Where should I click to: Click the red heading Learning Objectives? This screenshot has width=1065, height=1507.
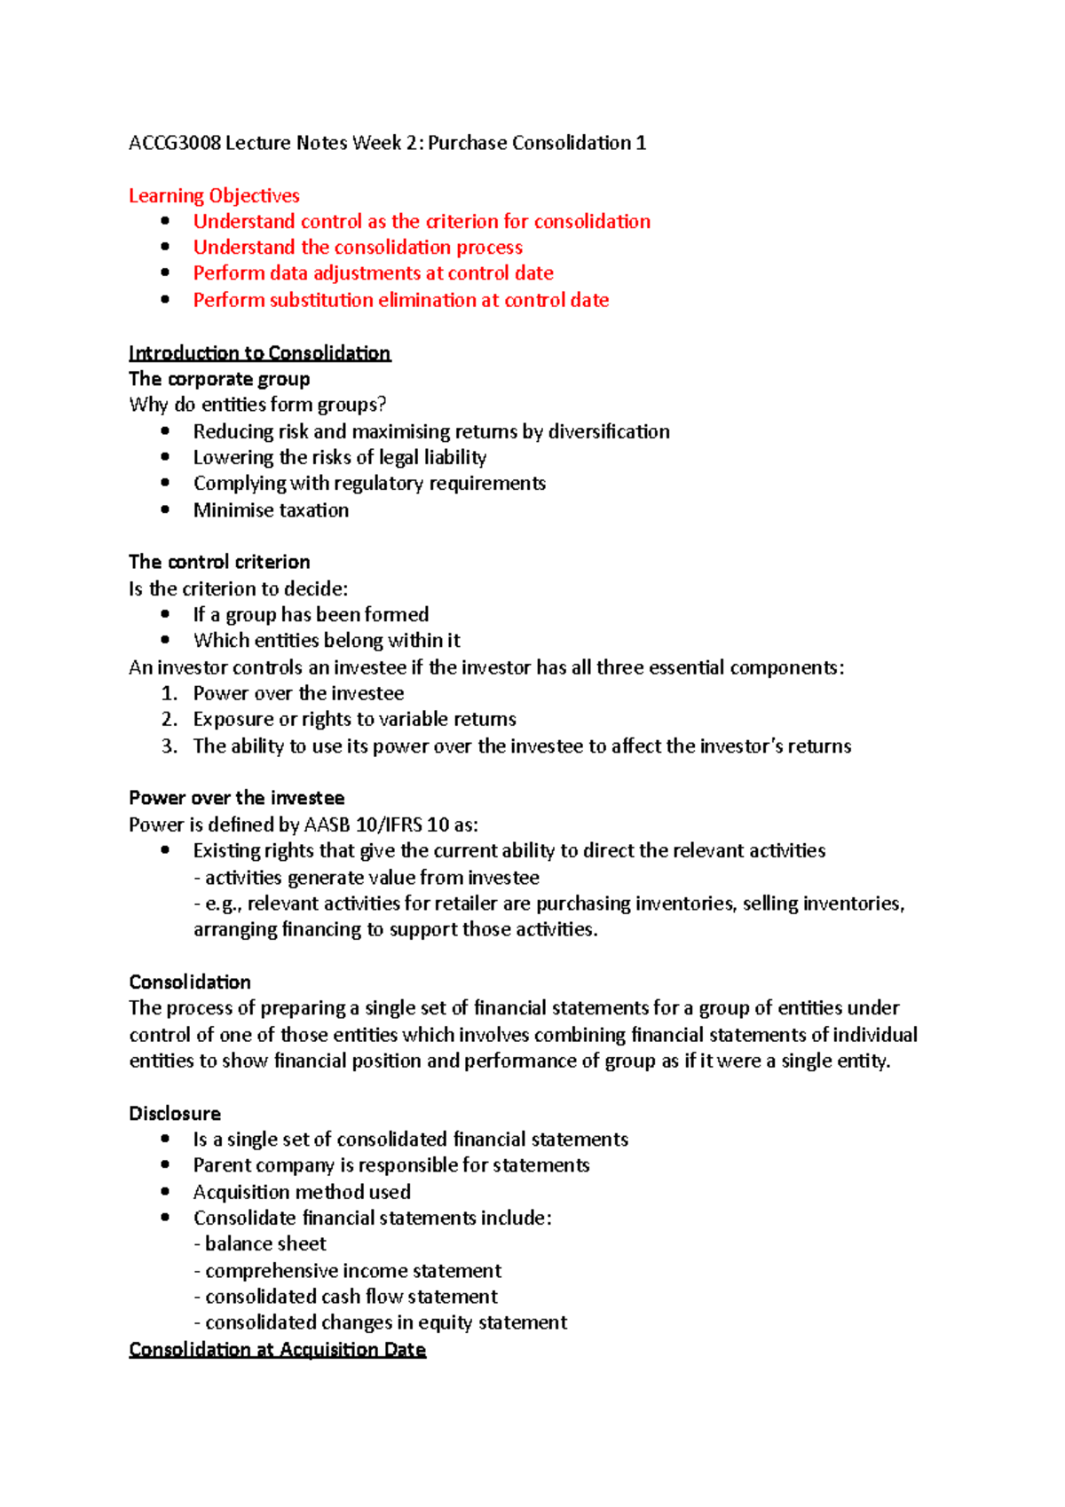tap(214, 195)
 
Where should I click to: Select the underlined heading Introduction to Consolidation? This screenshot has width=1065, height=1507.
tap(259, 353)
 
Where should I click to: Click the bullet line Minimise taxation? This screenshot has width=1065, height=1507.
tap(271, 510)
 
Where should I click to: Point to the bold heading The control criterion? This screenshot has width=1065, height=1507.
tap(219, 562)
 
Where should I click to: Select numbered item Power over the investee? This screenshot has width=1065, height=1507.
tap(298, 693)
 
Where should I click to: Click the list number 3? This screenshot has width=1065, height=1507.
tap(169, 746)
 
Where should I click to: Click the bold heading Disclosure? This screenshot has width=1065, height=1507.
tap(175, 1113)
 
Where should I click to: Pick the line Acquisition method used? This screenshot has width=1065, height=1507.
tap(302, 1192)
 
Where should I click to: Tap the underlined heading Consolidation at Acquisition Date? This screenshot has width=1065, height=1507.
tap(277, 1350)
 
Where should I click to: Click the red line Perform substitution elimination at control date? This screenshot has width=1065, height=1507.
tap(400, 300)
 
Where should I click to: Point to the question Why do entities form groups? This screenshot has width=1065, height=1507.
tap(257, 405)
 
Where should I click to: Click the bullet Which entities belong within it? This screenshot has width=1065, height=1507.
tap(327, 641)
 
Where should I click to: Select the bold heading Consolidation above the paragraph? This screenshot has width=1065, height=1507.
tap(190, 982)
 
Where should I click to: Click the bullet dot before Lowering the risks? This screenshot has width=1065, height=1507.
tap(165, 457)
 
